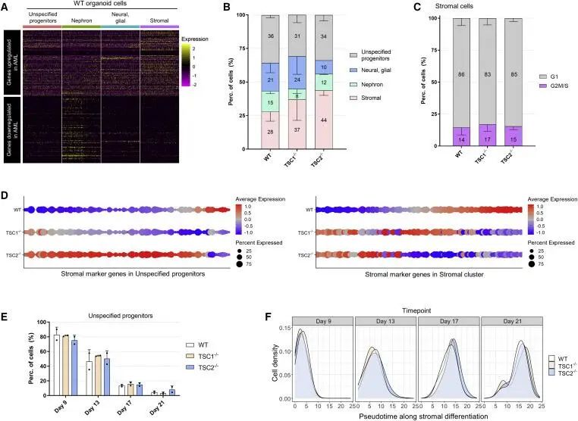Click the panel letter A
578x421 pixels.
click(6, 7)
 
